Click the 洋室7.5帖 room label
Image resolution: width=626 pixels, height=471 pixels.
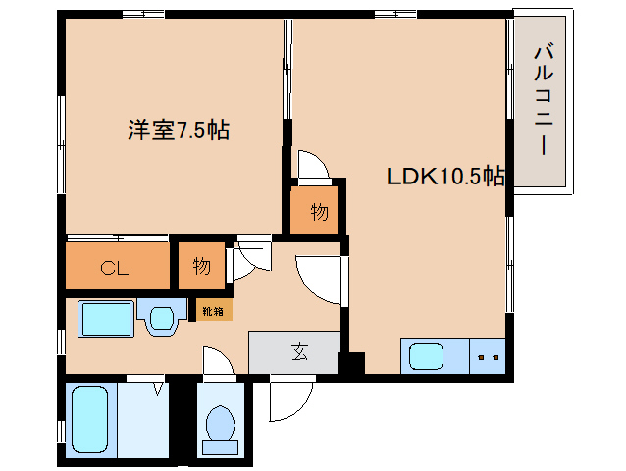(179, 130)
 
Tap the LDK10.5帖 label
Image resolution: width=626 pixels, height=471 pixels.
(445, 176)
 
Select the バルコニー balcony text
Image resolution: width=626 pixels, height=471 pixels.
(544, 100)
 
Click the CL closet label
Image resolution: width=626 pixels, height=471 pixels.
(115, 268)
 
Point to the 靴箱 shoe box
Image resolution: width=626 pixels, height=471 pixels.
(214, 310)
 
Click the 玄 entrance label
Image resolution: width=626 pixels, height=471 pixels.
(300, 352)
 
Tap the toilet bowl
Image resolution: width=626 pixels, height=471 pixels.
(221, 423)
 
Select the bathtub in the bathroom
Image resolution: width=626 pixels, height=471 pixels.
(90, 419)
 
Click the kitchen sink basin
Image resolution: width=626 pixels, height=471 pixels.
(427, 356)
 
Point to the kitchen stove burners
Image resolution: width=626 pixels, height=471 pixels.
(488, 357)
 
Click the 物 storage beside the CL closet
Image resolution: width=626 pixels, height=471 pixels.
(201, 266)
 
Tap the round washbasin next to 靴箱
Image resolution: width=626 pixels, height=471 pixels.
(162, 318)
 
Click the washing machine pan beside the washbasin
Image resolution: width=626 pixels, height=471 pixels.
(106, 319)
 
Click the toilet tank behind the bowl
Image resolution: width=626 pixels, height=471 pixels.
(221, 447)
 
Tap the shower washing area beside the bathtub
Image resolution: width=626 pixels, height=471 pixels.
(143, 420)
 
